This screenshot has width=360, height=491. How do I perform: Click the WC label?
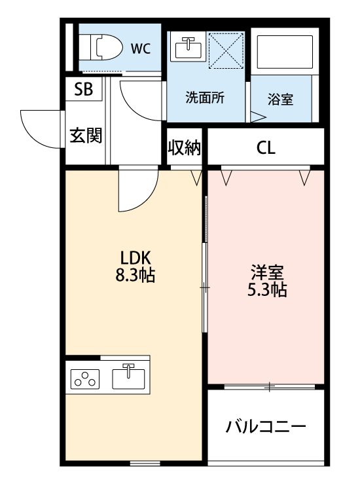[141, 47]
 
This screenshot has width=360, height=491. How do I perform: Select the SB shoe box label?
[83, 90]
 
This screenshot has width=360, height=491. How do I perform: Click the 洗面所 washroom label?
[205, 99]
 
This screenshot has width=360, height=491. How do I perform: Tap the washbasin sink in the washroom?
[187, 48]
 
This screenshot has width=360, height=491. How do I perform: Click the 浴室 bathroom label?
[280, 100]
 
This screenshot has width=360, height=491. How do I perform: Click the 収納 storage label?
[184, 148]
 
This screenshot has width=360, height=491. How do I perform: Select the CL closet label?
[266, 148]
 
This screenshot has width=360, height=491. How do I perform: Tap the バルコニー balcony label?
[266, 428]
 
